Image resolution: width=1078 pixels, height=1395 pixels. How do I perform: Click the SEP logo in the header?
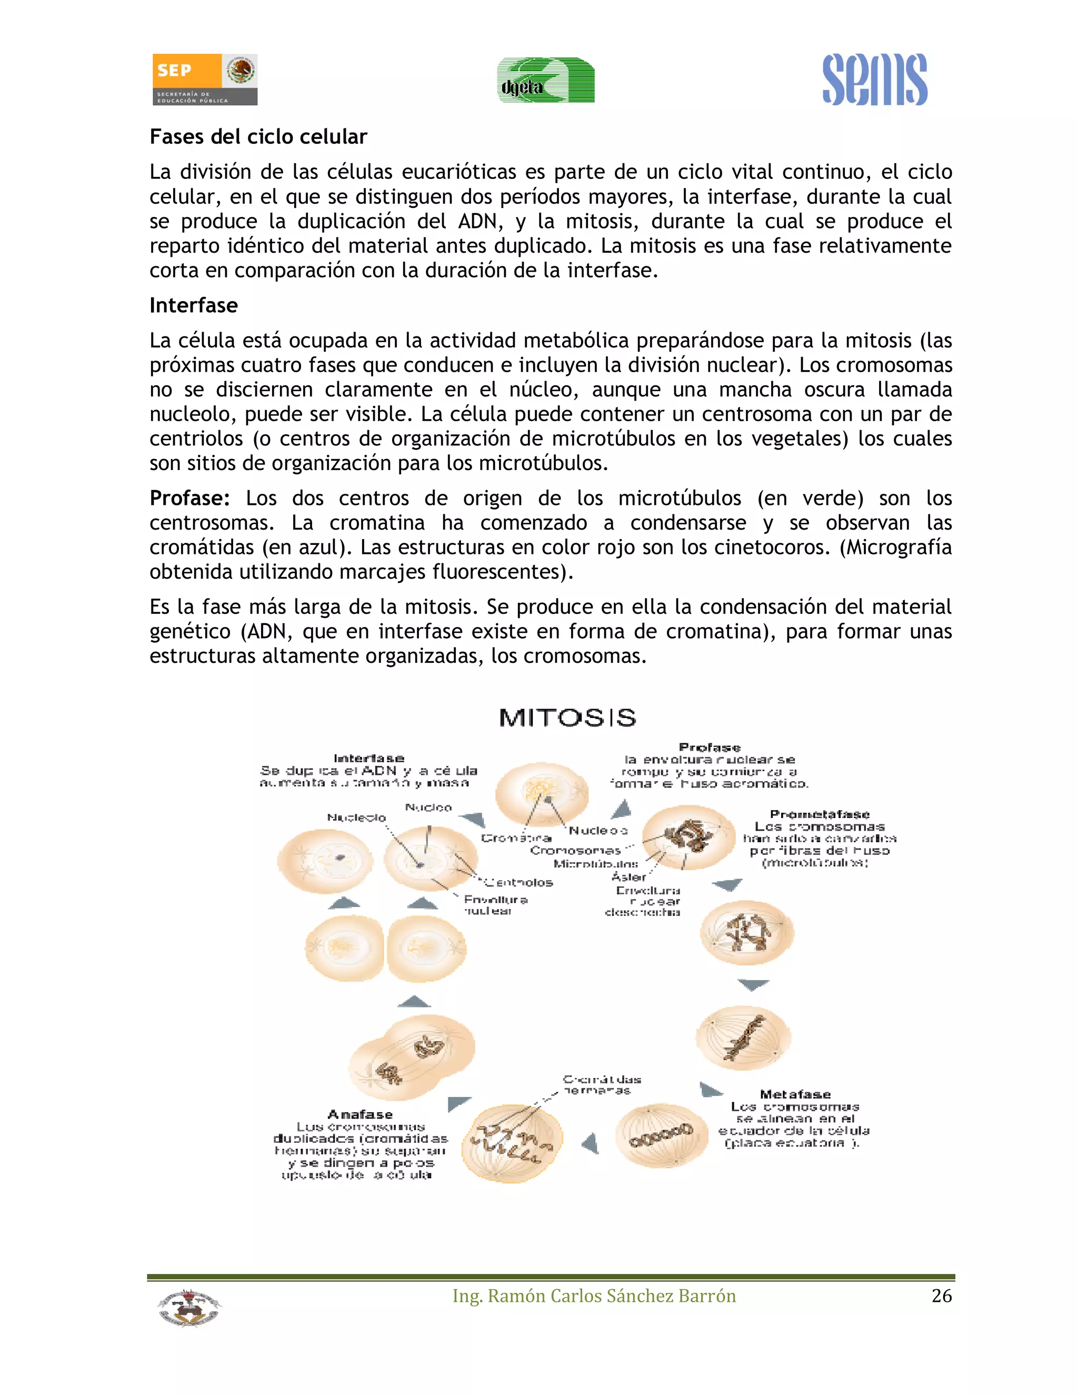204,79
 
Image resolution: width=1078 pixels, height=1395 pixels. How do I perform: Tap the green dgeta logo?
546,81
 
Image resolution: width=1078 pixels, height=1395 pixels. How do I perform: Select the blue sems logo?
874,80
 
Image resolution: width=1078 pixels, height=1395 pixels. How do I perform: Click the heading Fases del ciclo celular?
258,137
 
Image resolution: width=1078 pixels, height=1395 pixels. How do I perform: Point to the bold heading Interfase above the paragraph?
194,305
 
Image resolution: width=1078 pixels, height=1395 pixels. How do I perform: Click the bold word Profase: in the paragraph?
189,498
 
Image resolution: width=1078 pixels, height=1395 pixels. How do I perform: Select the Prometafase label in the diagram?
820,814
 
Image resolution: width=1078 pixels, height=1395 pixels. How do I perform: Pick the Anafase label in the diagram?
360,1114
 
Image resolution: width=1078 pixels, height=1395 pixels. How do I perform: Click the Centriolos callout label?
518,883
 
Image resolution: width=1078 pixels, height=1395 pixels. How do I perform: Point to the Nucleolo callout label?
356,818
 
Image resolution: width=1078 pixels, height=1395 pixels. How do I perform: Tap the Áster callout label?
628,877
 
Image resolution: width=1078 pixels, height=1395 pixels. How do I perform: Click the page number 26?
941,1296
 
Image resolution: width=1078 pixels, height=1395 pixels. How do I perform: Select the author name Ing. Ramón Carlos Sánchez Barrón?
594,1296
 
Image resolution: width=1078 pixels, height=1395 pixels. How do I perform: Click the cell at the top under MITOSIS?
542,794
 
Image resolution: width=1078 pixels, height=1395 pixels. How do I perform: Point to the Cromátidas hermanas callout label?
601,1084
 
